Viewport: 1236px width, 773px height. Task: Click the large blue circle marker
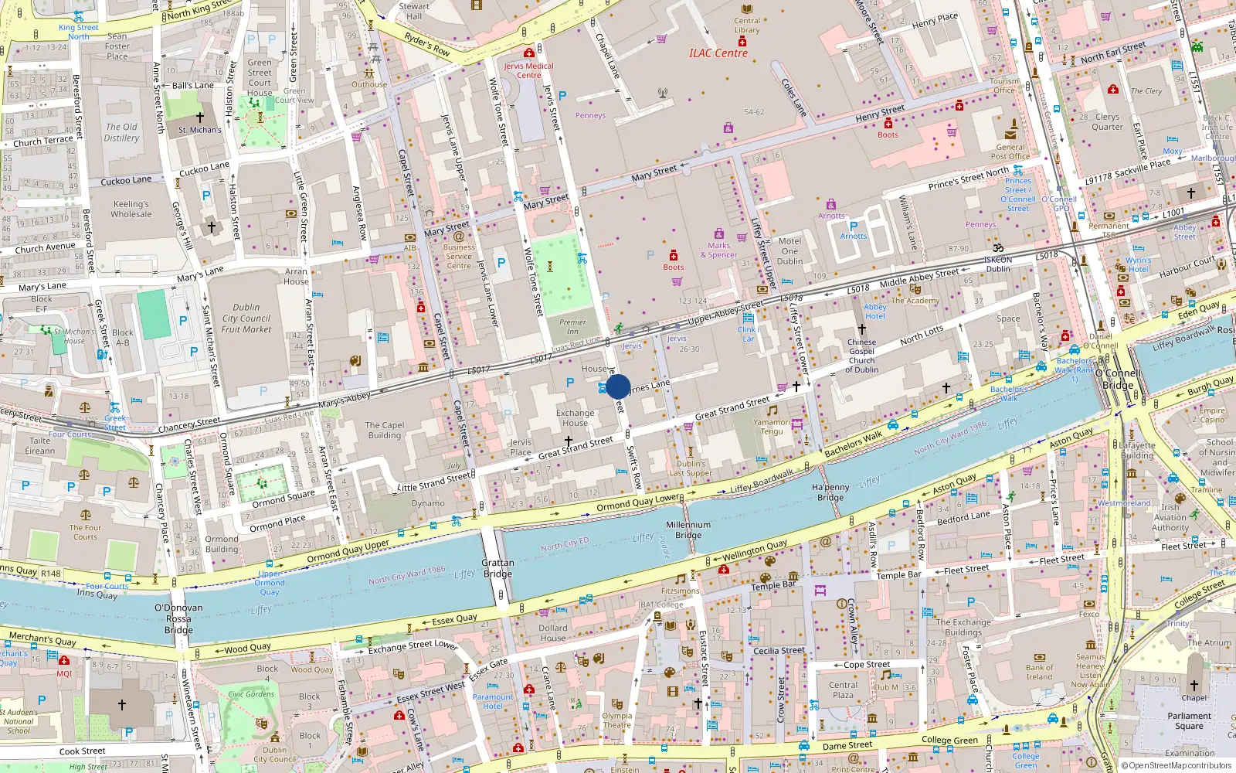(618, 386)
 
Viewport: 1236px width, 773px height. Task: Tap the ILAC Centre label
(718, 53)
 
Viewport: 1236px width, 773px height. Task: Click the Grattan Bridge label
(497, 568)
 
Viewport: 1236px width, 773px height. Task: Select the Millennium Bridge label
(688, 530)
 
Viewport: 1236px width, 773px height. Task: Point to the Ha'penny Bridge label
(830, 492)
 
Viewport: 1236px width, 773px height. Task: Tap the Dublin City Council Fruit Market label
(246, 318)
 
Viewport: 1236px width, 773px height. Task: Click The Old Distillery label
(122, 132)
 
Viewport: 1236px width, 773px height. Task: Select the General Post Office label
(1010, 152)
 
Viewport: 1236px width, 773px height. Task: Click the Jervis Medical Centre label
(529, 70)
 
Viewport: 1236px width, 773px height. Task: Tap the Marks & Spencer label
(719, 250)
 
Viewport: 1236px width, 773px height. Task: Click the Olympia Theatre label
(616, 720)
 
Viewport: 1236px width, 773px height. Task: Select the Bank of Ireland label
(1039, 673)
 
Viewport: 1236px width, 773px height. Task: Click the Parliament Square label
(1190, 720)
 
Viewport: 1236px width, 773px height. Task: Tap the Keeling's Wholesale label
(131, 209)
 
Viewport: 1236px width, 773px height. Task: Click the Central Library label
(747, 26)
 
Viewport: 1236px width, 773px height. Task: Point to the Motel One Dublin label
(789, 251)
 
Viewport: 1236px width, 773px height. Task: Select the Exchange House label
(576, 417)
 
